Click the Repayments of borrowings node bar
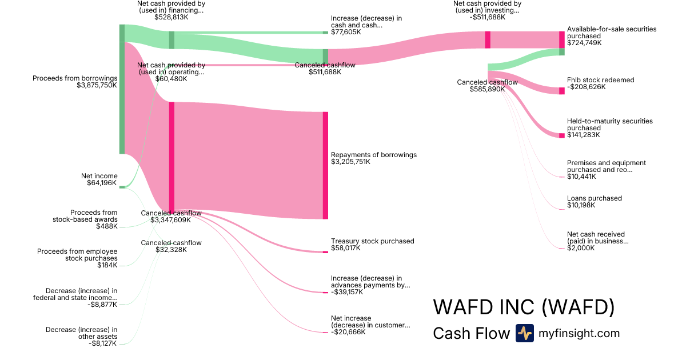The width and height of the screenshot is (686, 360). coord(325,165)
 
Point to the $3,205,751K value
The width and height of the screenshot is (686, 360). coord(350,162)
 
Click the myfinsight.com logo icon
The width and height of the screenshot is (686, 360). coord(525,333)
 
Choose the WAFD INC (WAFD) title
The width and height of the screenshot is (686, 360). coord(524,307)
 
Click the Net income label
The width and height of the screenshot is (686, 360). coord(99,176)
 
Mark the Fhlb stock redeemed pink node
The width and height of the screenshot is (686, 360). coord(561,91)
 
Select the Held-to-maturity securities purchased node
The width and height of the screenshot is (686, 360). coord(561,135)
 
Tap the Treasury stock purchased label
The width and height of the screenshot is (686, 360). coord(372,241)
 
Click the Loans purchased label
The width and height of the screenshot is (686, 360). coord(594,198)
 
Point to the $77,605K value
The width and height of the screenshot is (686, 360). coord(346,32)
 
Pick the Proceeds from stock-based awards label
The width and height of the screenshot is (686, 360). coord(85,216)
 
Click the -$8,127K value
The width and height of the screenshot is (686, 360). coord(102,343)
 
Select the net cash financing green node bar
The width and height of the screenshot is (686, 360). coord(172,40)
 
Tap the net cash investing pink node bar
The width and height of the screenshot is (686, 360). coord(488,40)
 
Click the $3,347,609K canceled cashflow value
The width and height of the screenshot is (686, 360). coord(170,220)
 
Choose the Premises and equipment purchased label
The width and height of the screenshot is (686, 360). coord(607,166)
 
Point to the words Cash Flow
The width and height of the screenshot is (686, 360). coord(471,333)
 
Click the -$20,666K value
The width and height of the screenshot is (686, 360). coord(348,332)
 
